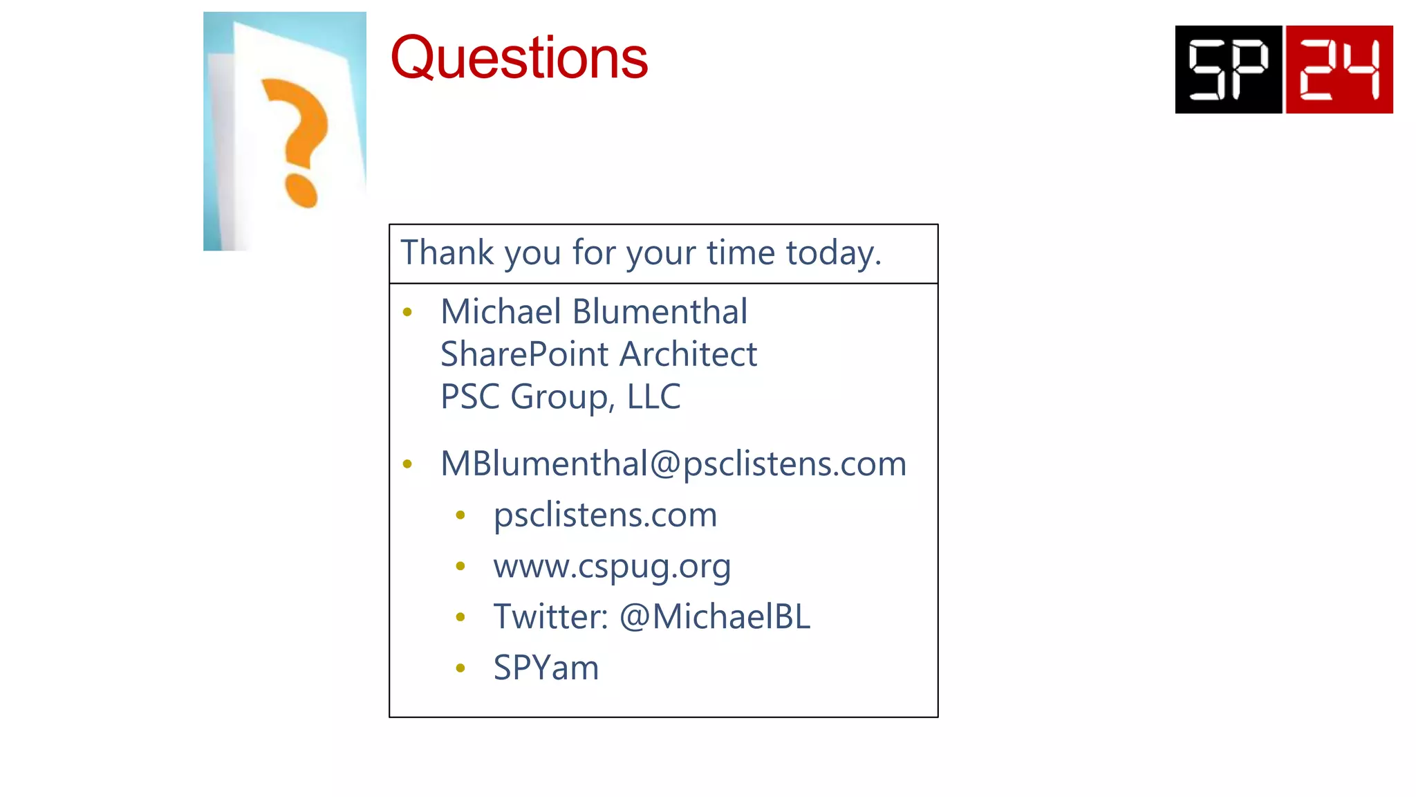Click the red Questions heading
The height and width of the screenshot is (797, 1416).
point(519,58)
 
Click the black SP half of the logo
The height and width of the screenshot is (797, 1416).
point(1229,69)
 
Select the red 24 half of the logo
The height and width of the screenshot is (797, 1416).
point(1339,69)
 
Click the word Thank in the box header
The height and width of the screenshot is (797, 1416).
point(447,253)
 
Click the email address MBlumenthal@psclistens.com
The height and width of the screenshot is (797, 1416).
point(673,464)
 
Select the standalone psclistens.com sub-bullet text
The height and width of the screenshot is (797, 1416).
point(605,515)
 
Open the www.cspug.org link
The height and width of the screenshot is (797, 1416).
point(612,567)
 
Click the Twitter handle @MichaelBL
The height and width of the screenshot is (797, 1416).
point(715,617)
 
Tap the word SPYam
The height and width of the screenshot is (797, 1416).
point(546,668)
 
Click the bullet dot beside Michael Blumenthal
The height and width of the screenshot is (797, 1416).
point(407,313)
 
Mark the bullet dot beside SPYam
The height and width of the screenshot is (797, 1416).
point(460,668)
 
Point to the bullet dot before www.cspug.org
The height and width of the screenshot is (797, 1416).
point(460,567)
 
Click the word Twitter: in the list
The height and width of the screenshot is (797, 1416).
point(550,617)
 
